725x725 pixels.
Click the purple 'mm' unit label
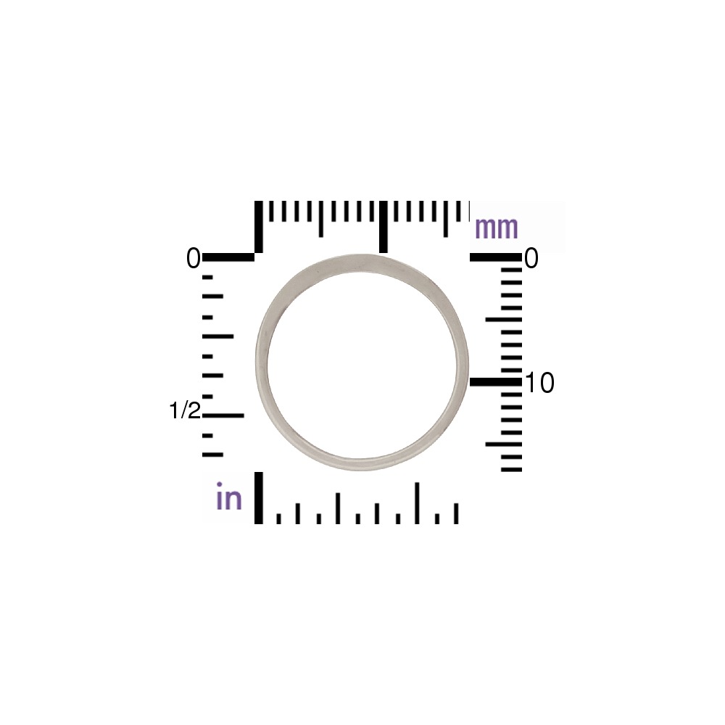click(496, 228)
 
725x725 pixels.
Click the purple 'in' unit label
click(229, 496)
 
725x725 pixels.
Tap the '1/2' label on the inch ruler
click(185, 410)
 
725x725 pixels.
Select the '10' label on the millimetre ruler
click(539, 383)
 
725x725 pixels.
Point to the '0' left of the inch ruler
click(194, 258)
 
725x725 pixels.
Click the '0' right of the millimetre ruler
click(531, 258)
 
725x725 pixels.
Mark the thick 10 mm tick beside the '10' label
click(496, 382)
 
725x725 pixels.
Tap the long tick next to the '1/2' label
click(223, 415)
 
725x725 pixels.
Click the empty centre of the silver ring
click(362, 362)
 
